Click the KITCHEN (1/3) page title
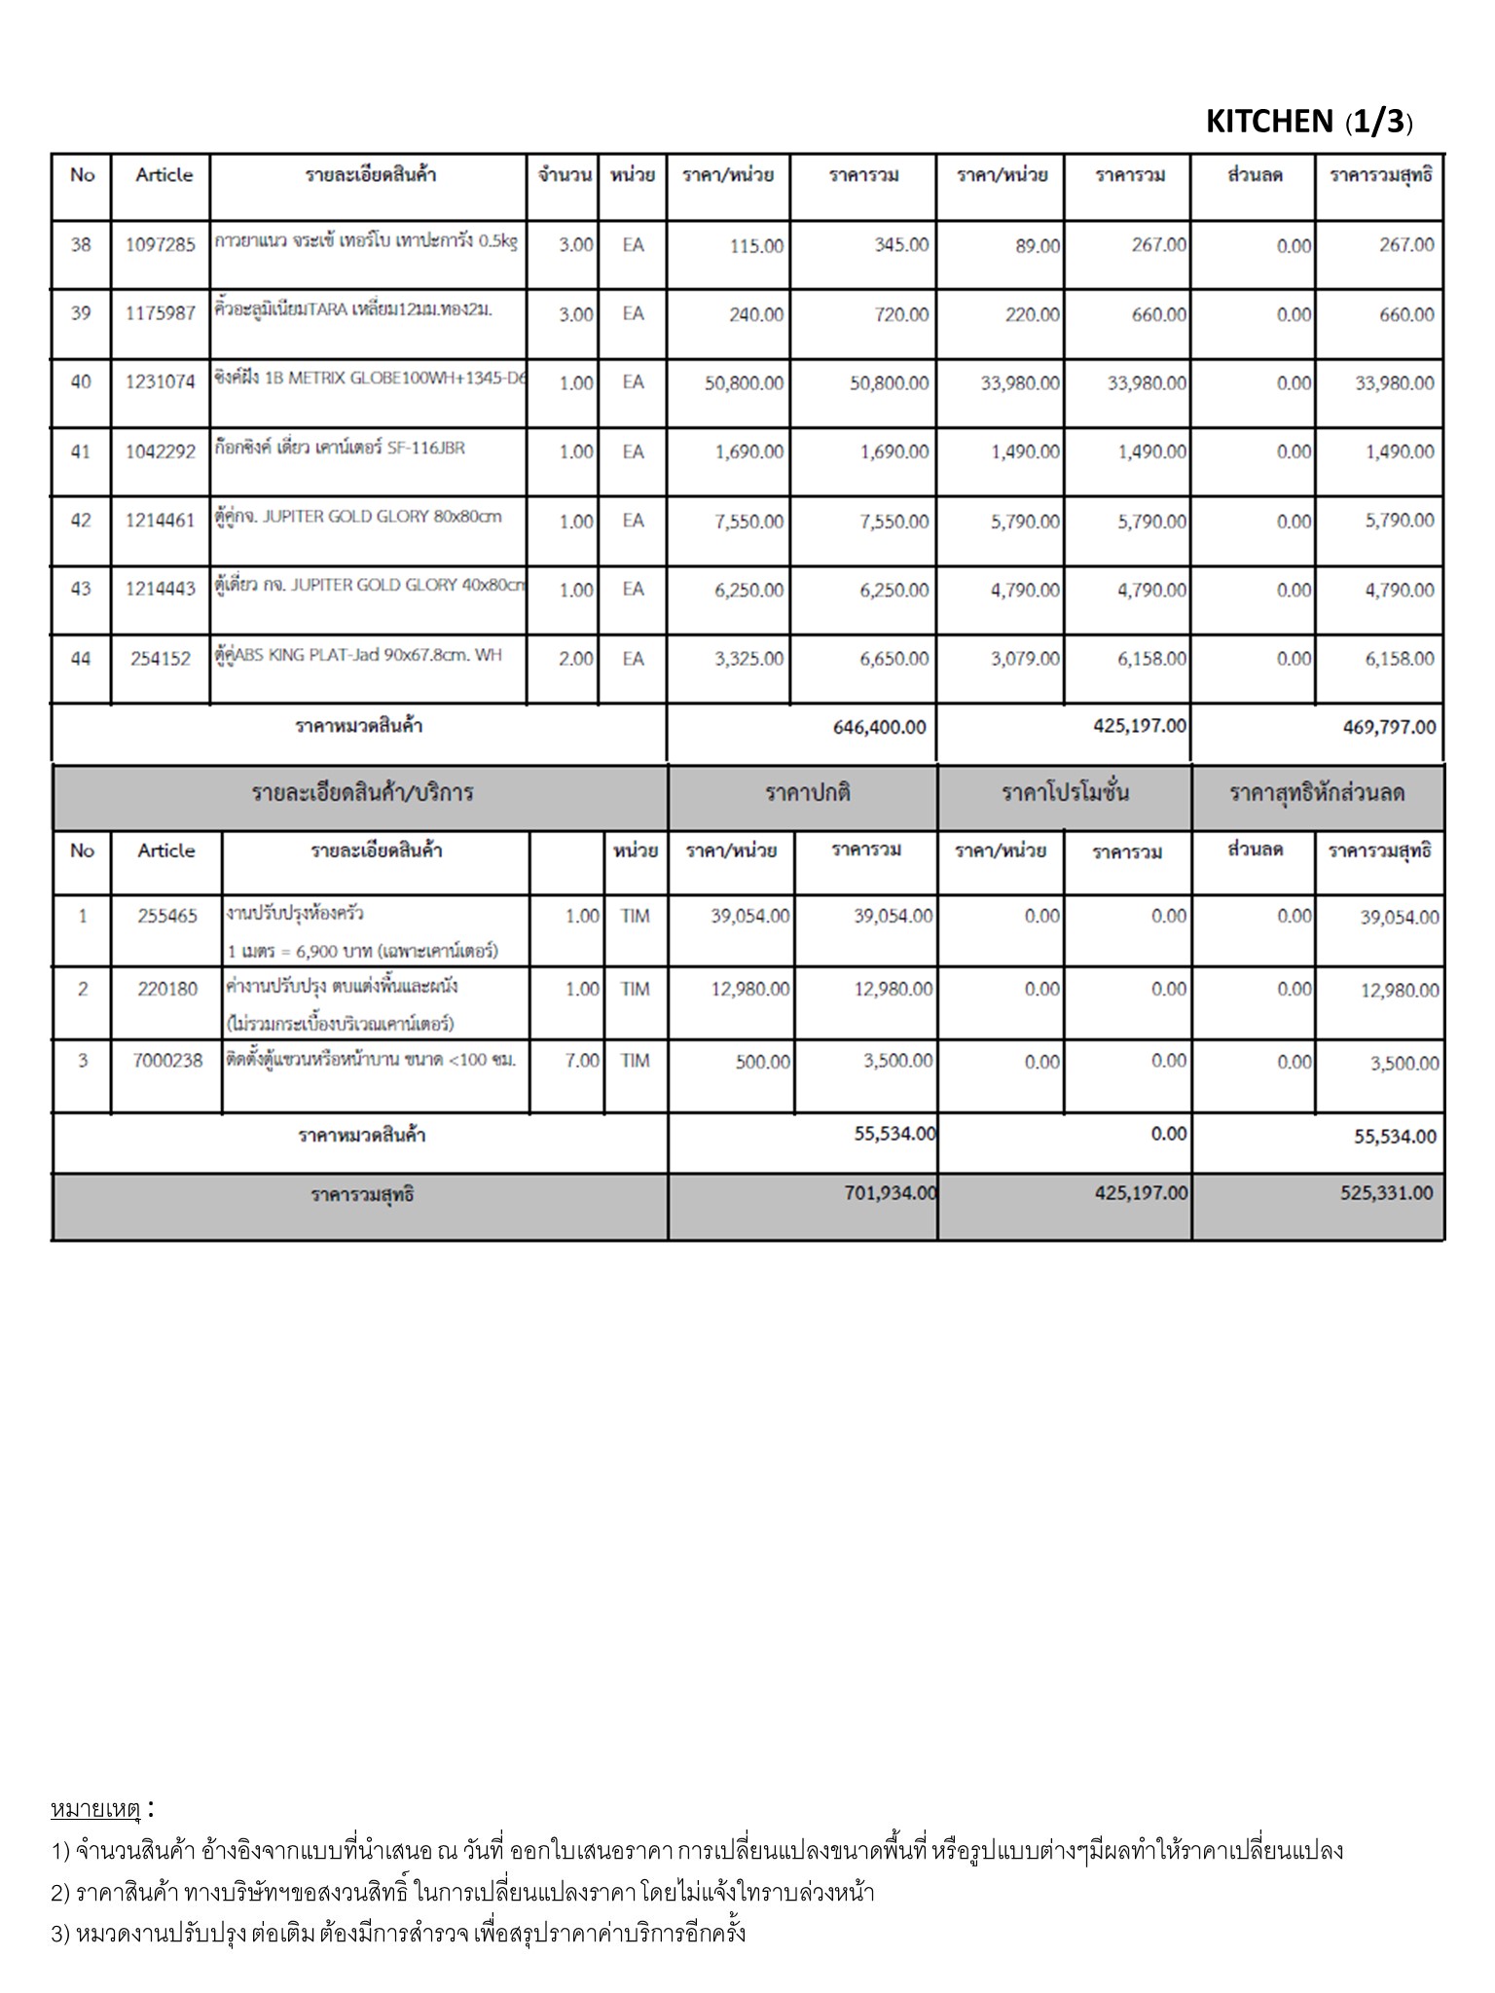tap(1308, 122)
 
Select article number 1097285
tap(161, 245)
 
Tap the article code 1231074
tap(161, 382)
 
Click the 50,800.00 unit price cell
tap(744, 383)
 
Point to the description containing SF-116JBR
tap(339, 449)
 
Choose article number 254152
tap(161, 659)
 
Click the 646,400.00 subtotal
tap(879, 727)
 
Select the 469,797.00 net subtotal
tap(1389, 727)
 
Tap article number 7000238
tap(167, 1061)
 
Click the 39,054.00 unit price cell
tap(749, 916)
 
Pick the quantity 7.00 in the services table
tap(582, 1061)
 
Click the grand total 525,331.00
tap(1386, 1193)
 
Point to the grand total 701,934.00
tap(890, 1193)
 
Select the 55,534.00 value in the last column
tap(1395, 1136)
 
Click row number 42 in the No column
tap(81, 521)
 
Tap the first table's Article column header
tap(164, 175)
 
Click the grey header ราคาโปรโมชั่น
tap(1065, 793)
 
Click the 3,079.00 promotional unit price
tap(1025, 659)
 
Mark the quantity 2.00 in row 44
tap(575, 659)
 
